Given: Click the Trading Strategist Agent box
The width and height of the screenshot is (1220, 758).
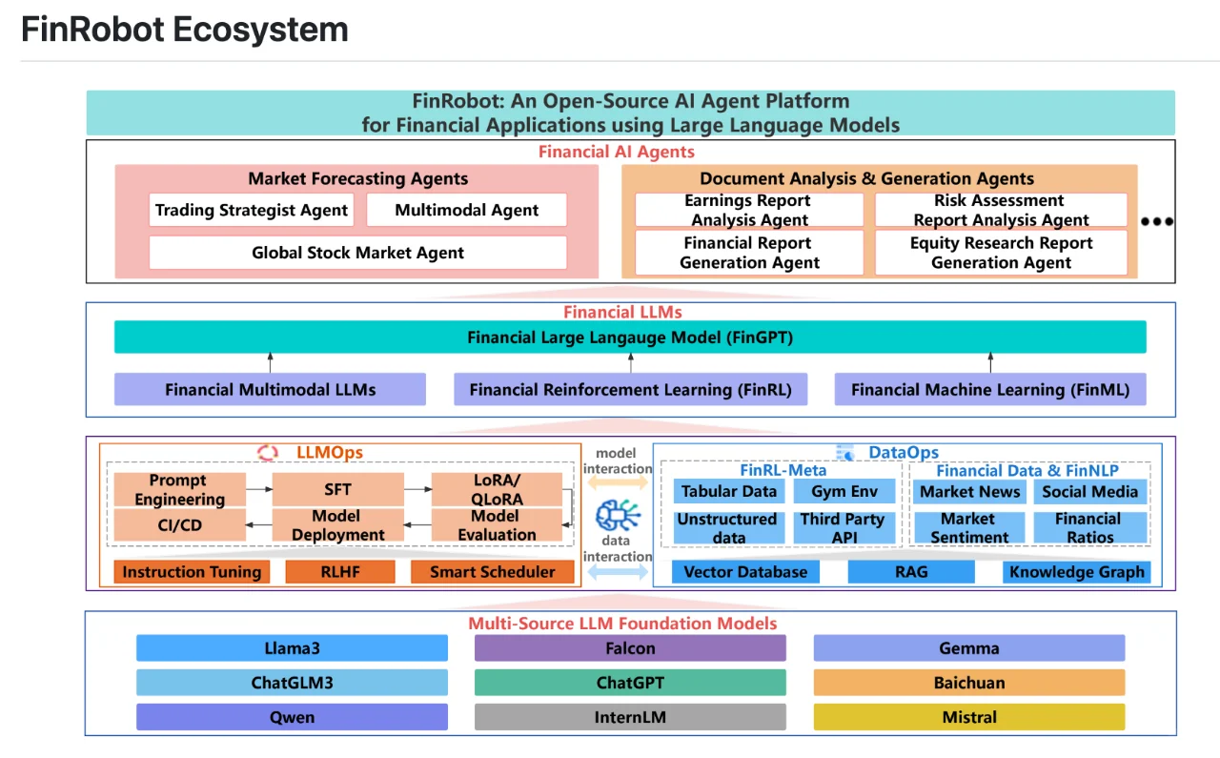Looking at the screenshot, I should [252, 210].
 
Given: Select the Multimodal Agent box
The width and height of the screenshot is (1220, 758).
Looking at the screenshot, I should [466, 210].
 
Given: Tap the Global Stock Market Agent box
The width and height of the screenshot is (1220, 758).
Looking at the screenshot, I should [357, 253].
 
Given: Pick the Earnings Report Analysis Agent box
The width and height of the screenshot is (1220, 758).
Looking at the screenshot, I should [749, 210].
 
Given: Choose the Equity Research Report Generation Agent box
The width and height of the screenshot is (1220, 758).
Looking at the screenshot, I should [1001, 253].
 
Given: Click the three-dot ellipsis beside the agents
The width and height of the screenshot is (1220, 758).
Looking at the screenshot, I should [1156, 221].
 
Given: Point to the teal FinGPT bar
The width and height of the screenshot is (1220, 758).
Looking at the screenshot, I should [630, 338].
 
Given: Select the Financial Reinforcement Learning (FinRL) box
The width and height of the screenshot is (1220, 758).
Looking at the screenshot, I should [630, 389].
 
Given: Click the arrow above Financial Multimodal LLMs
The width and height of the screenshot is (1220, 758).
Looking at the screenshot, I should [270, 362].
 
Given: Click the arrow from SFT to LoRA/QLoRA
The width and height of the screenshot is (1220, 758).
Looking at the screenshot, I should [417, 489].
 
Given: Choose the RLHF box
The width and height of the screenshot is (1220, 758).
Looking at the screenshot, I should [339, 572].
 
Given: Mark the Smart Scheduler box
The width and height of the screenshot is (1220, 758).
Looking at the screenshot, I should [492, 572].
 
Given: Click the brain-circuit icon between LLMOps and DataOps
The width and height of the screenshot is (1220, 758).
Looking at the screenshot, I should [618, 516].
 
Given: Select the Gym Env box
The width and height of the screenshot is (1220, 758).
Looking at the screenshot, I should [844, 492].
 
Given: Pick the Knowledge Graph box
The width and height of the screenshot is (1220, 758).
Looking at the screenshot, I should [1076, 572].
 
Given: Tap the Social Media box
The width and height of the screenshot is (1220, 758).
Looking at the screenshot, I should [1089, 492].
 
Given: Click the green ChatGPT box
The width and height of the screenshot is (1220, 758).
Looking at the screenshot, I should [630, 683].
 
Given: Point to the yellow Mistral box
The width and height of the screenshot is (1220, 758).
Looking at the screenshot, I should [968, 717].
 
